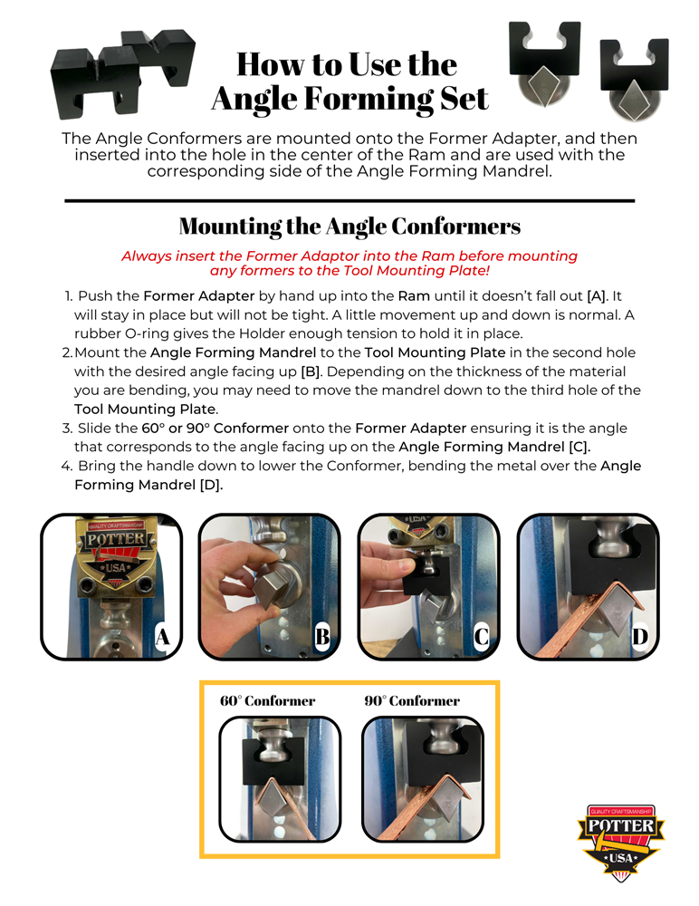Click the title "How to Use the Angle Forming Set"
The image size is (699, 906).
click(x=349, y=81)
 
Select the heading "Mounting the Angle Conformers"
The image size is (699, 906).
click(x=349, y=226)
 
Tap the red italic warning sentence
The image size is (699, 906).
click(x=349, y=263)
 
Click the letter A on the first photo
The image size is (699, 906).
click(x=162, y=637)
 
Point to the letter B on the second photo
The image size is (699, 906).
click(x=321, y=637)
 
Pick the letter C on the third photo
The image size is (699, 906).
click(x=481, y=637)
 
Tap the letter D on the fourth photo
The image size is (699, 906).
click(x=640, y=637)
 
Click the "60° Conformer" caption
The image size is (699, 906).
click(x=267, y=700)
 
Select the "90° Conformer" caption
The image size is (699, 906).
click(x=412, y=700)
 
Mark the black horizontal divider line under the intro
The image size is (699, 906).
click(x=349, y=200)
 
